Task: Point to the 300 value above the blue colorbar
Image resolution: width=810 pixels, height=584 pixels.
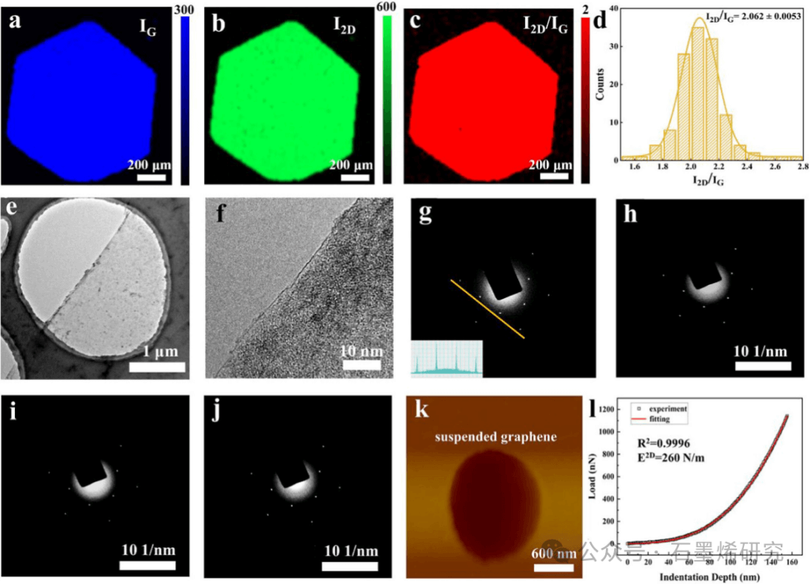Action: point(185,8)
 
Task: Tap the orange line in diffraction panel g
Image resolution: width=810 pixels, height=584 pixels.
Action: point(486,308)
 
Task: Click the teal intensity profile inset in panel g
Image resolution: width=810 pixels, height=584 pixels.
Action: point(446,358)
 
